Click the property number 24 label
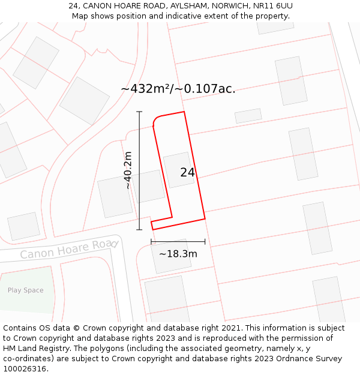pos(187,172)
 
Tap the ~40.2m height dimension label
pos(127,170)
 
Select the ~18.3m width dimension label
pos(178,254)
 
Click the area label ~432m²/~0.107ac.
pos(178,89)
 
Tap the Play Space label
pos(25,290)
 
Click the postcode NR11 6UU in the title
pos(272,6)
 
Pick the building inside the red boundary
pos(178,170)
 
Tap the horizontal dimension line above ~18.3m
pos(178,242)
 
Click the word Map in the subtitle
pos(80,16)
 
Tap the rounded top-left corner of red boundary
pos(156,122)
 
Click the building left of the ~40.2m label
pos(115,197)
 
